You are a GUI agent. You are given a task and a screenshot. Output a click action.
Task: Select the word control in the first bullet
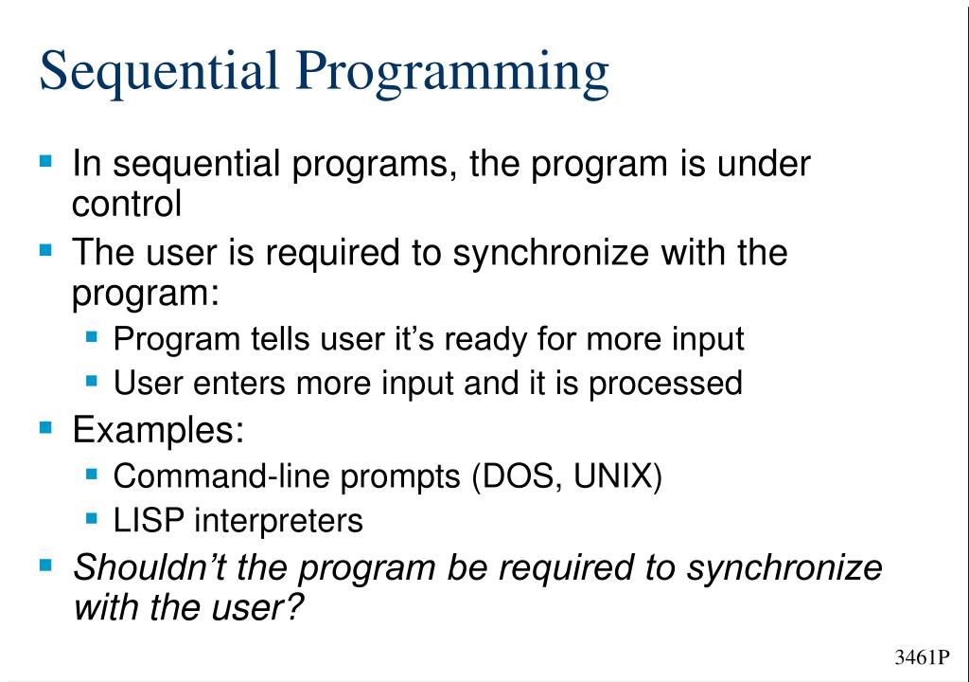[x=127, y=204]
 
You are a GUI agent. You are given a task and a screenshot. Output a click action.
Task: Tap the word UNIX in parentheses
[x=616, y=476]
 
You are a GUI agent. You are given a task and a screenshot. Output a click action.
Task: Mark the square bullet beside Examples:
[x=46, y=427]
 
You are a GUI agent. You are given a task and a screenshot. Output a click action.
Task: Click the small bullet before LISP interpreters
[x=92, y=518]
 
